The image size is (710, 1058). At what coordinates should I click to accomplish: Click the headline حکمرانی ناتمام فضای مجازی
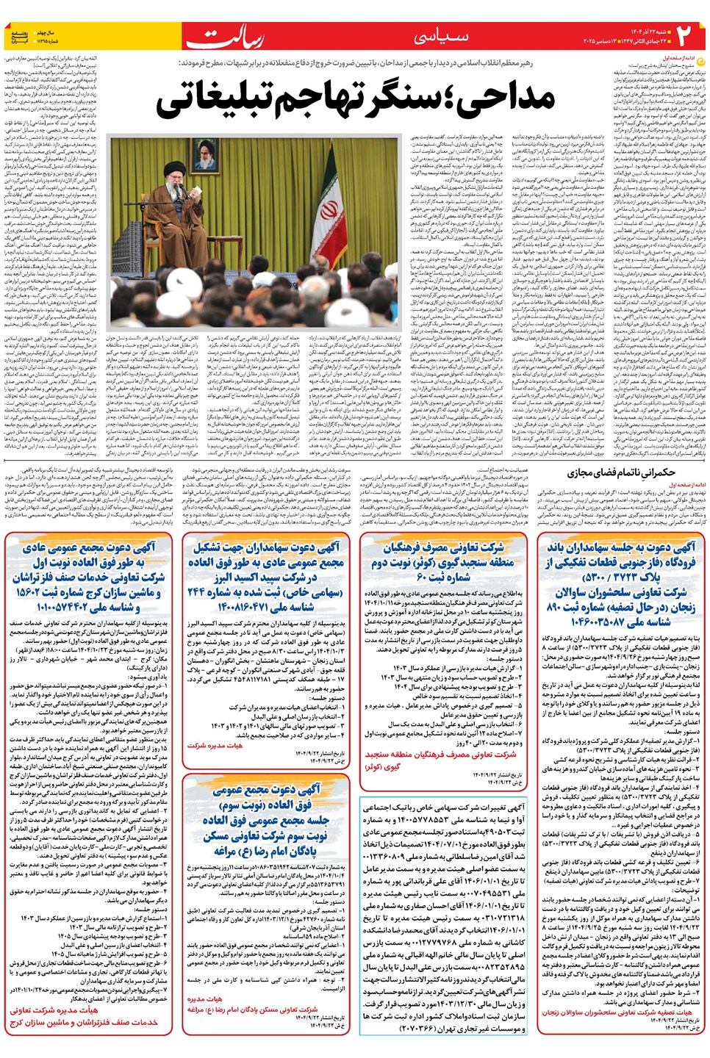pos(621,473)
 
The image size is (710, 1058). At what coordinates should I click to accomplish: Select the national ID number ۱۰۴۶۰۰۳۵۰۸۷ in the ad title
pos(621,622)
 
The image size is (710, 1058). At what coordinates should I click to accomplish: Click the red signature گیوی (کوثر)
pos(383,766)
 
